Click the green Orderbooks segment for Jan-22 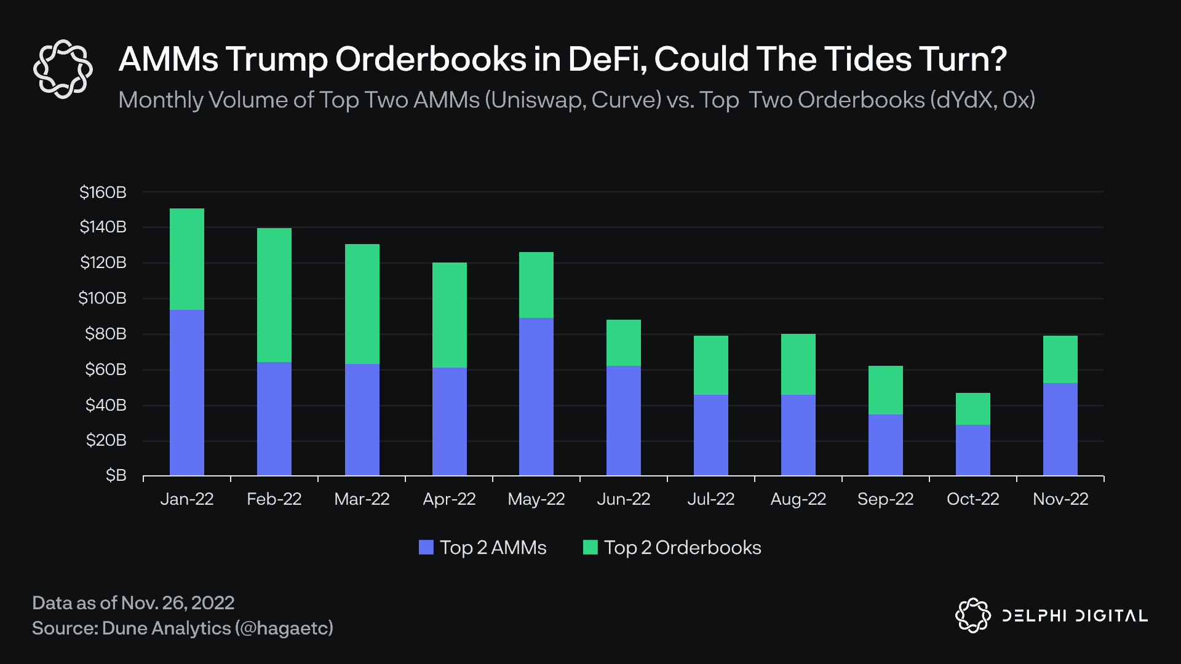187,259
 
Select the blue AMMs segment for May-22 536,397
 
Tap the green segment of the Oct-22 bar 973,409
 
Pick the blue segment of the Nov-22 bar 1060,429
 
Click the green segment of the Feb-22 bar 274,295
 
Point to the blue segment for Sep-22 886,445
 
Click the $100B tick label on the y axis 103,298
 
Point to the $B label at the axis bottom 116,475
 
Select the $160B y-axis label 103,192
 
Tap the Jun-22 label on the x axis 624,499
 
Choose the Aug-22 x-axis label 798,499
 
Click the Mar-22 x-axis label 362,499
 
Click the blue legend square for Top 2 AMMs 426,547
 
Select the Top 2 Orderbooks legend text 682,547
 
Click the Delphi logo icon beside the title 63,69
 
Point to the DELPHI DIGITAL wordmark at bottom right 1075,615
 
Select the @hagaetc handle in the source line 284,628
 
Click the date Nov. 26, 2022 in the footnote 178,603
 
